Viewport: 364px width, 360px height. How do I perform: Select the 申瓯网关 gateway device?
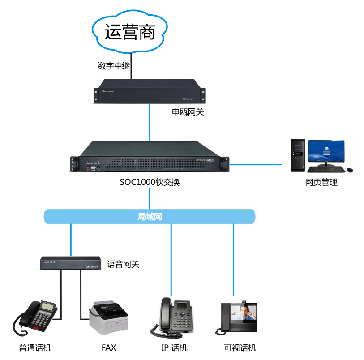pos(150,90)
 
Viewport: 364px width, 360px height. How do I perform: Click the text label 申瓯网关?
pos(188,112)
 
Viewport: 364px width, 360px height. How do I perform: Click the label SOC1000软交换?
pos(150,183)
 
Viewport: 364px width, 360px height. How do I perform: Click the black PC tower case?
pos(298,155)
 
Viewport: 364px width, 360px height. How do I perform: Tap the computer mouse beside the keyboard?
pos(349,170)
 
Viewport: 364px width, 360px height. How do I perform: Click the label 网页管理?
pos(321,182)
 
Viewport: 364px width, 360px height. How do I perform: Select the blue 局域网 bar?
pos(150,217)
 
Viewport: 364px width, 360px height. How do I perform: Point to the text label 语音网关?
pos(123,264)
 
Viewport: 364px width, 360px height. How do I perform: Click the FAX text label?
pos(109,347)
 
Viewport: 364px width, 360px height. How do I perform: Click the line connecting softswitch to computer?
pos(255,164)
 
